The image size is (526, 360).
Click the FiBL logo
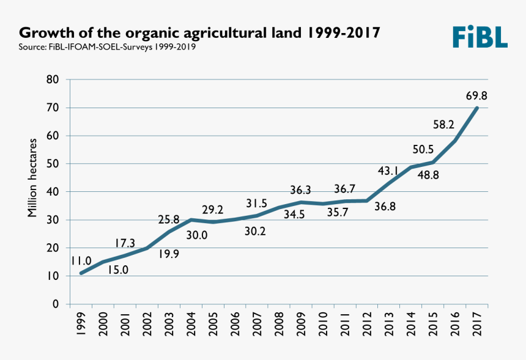coord(480,37)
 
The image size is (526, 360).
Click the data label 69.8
coord(475,96)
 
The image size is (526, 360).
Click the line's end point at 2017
coord(476,108)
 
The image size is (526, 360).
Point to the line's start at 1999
coord(81,273)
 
